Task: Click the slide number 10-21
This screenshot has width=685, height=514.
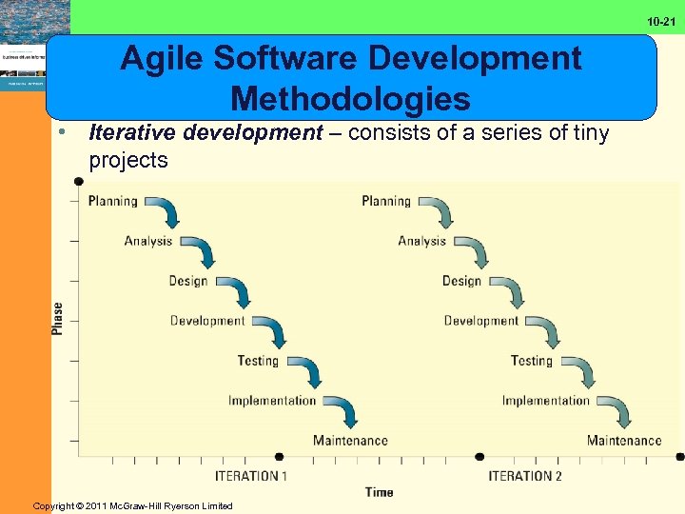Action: coord(662,21)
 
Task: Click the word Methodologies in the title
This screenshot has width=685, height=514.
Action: coord(350,98)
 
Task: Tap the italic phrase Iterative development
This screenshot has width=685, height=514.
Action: coord(206,133)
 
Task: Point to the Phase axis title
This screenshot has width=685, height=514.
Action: coord(58,318)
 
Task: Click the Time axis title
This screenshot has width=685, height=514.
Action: coord(379,492)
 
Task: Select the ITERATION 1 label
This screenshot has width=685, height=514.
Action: coord(251,476)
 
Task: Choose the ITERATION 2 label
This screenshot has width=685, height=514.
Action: coord(525,476)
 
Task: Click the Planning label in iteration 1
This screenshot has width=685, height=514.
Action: coord(113,201)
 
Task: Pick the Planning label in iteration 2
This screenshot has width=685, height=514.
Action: coord(386,201)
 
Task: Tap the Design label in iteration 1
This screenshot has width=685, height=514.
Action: coord(187,281)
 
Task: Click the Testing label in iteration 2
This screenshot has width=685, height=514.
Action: coord(531,361)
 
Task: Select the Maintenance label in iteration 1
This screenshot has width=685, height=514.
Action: coord(350,441)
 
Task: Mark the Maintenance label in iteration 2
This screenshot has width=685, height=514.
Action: coord(624,441)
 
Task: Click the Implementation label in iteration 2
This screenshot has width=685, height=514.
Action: coord(546,401)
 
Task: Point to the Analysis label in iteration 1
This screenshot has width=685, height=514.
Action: coord(148,241)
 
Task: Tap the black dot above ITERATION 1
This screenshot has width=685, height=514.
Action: coord(279,457)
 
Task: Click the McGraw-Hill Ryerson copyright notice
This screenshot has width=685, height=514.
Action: coord(132,505)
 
